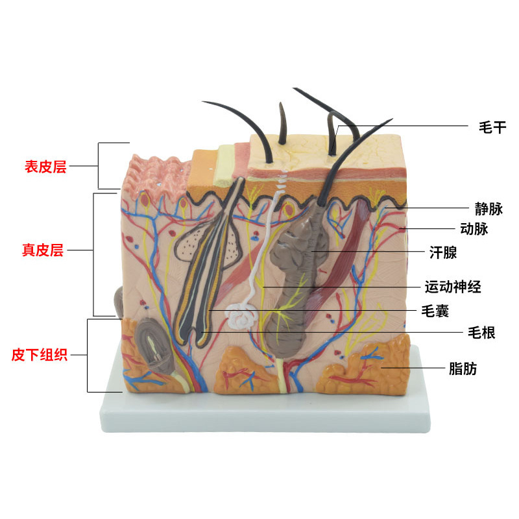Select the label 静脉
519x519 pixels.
click(x=489, y=209)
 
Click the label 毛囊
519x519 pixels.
click(x=435, y=311)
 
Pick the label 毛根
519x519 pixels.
click(x=481, y=333)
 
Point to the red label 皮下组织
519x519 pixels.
click(x=40, y=355)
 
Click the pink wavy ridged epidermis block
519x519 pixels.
click(x=156, y=174)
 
